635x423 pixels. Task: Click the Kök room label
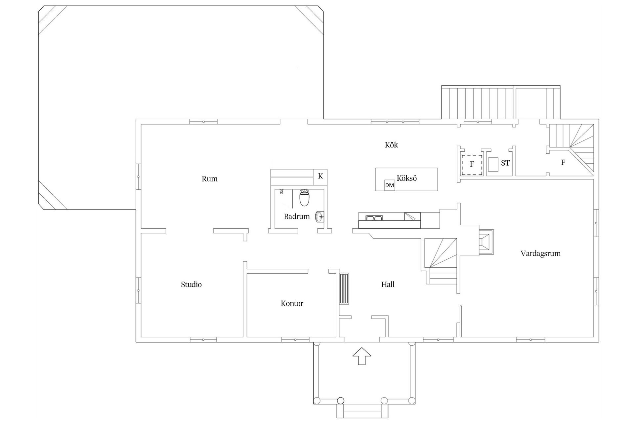click(x=391, y=145)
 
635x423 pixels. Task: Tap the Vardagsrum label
click(x=540, y=253)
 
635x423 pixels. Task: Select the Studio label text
click(x=191, y=285)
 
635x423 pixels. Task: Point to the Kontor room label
click(x=292, y=303)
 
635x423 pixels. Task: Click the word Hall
click(x=388, y=285)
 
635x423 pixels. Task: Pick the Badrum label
click(x=297, y=216)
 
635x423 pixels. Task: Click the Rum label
click(x=210, y=179)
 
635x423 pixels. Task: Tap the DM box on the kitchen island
click(x=390, y=185)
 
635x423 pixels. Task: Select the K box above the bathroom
click(x=320, y=176)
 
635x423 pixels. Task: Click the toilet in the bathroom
click(x=304, y=197)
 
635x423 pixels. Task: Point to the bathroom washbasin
click(x=320, y=217)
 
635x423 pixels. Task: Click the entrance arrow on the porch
click(x=361, y=356)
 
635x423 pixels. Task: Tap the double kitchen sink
click(x=374, y=218)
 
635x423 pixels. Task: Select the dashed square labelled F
click(x=472, y=165)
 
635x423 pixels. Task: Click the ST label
click(x=505, y=163)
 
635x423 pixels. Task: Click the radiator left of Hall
click(x=344, y=288)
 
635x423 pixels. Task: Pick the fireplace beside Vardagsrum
click(x=486, y=242)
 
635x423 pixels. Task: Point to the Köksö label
click(x=407, y=178)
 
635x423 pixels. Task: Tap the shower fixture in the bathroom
click(x=281, y=192)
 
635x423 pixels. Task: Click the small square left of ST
click(x=493, y=165)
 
